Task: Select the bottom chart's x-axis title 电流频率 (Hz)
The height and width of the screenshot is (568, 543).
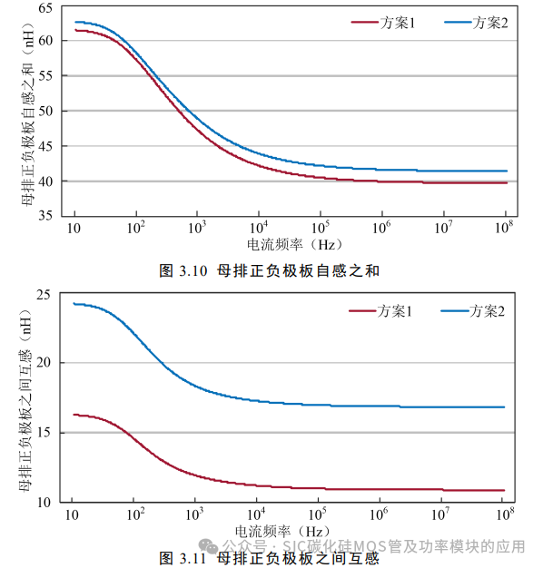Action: (281, 531)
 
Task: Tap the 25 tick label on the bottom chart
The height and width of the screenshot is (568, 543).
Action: (46, 293)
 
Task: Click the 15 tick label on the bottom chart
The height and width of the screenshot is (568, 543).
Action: (46, 432)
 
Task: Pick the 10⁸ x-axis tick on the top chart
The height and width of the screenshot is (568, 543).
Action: (505, 227)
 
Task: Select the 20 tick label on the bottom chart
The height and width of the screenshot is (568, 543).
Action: (46, 363)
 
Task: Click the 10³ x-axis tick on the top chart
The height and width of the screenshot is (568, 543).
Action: (198, 227)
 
